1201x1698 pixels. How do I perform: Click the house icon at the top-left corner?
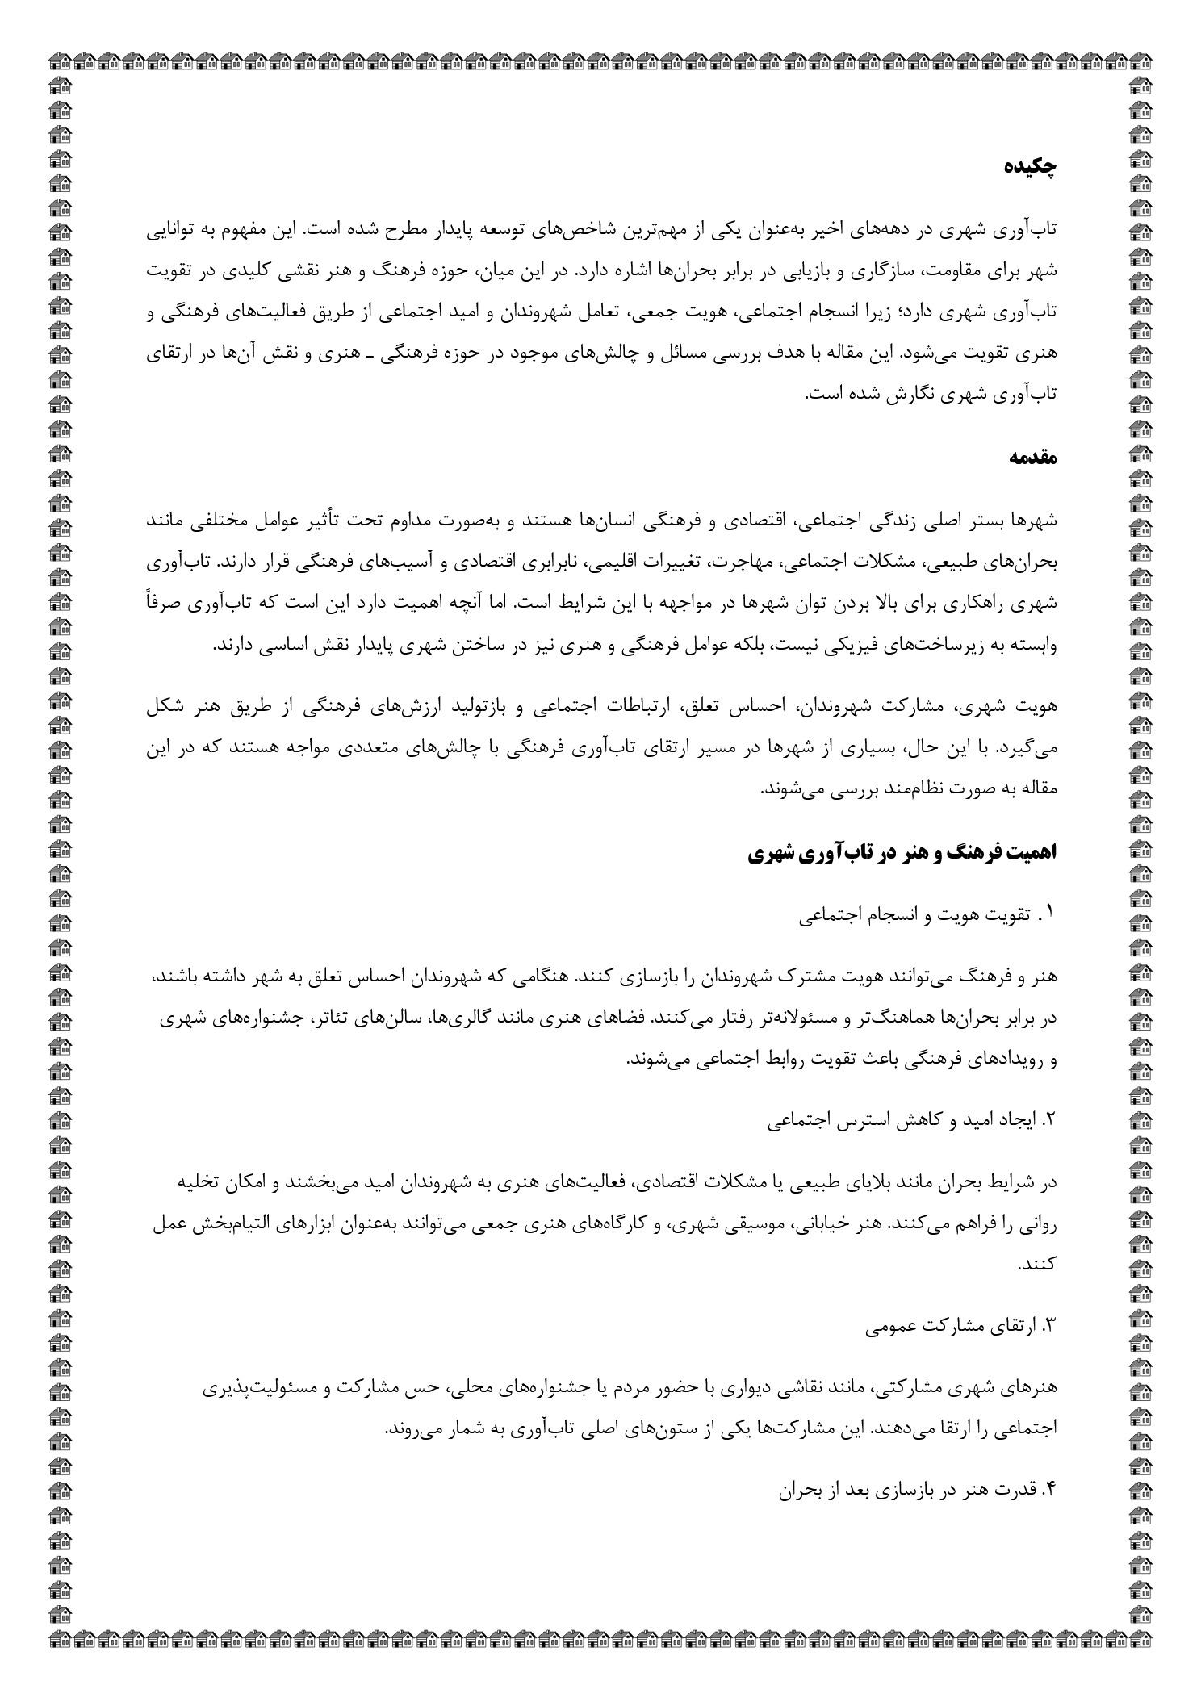coord(59,59)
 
